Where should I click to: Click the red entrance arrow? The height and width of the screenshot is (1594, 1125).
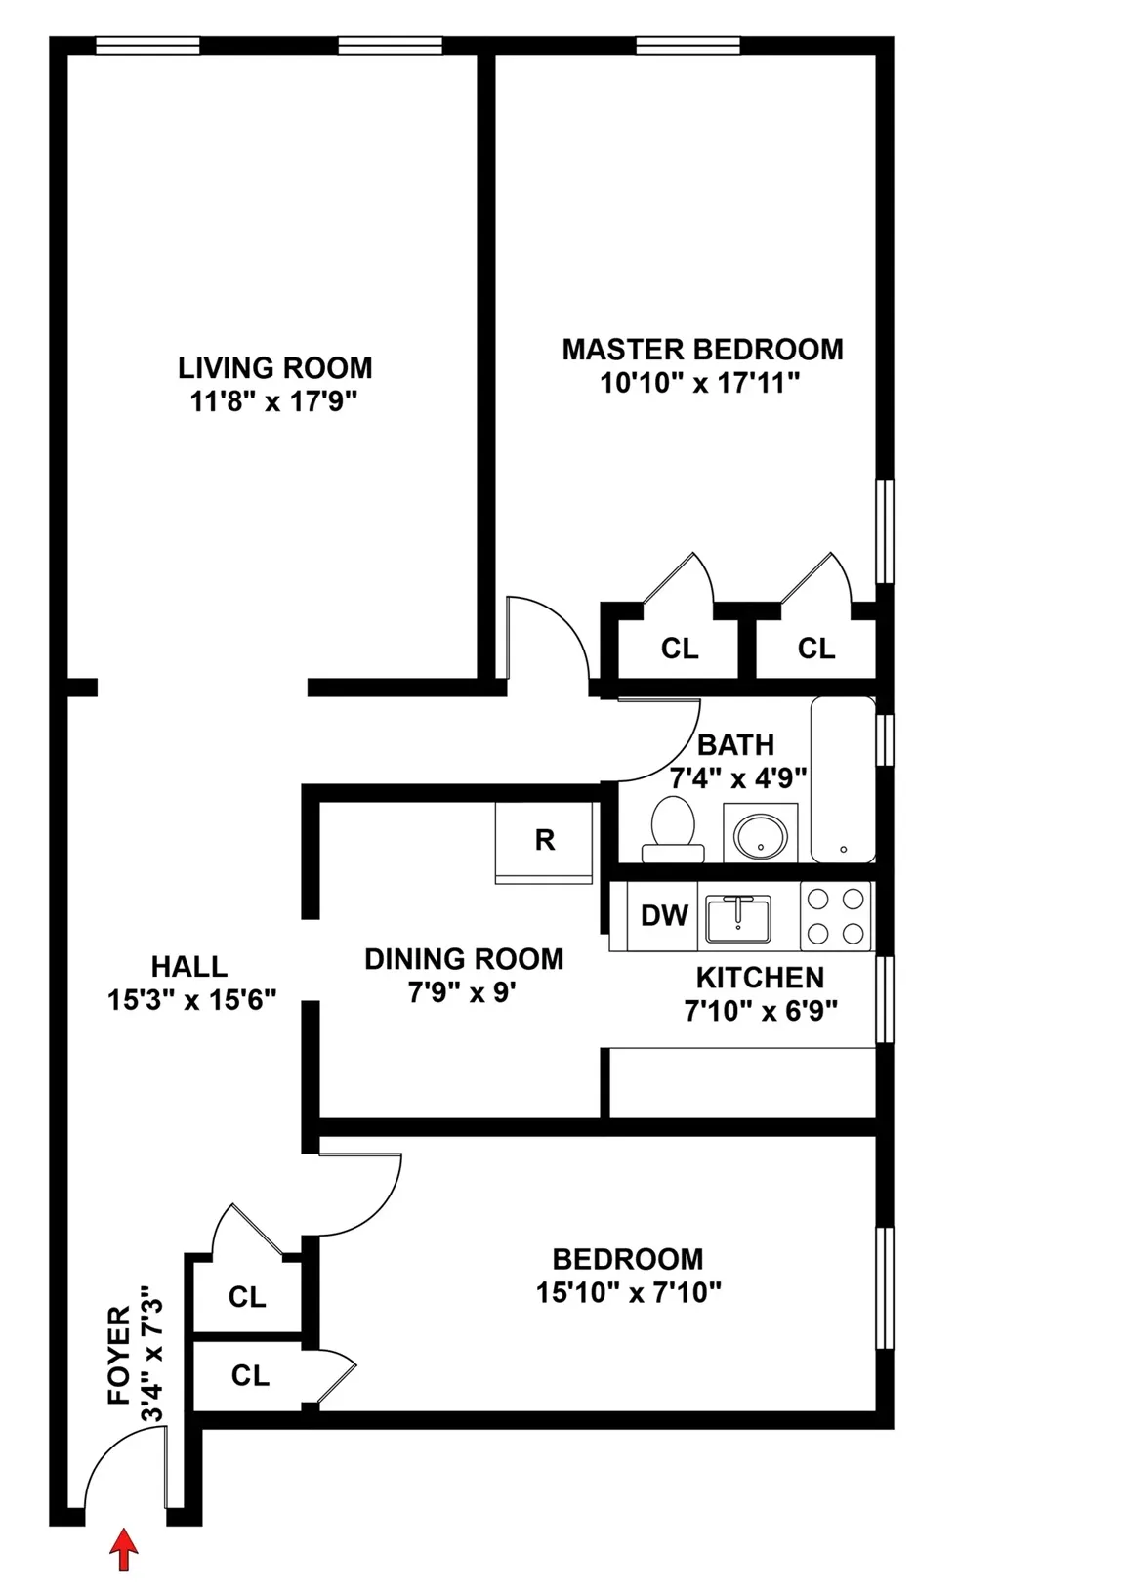click(122, 1549)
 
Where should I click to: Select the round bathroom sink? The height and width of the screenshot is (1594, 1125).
click(760, 835)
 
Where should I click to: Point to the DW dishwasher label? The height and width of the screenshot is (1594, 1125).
click(664, 916)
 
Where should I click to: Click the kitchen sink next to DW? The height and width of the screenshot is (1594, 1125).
click(739, 919)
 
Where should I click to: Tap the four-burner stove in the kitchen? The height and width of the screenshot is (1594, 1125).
click(836, 916)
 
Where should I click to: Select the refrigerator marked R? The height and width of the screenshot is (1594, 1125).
click(544, 841)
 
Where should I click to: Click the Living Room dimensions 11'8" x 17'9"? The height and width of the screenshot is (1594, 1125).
click(275, 400)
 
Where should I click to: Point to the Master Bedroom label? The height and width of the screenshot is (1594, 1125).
click(702, 350)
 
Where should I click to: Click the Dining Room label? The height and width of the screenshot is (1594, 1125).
click(464, 959)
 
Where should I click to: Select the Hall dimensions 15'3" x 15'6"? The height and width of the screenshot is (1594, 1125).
click(192, 999)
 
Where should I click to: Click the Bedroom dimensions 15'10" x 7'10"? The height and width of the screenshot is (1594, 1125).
click(628, 1293)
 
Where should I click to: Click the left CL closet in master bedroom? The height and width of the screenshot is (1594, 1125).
click(680, 649)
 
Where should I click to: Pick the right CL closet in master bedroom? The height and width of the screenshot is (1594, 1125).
click(816, 649)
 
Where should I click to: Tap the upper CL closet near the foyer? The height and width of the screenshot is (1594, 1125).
click(247, 1297)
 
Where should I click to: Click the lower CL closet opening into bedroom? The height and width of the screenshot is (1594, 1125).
click(250, 1375)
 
